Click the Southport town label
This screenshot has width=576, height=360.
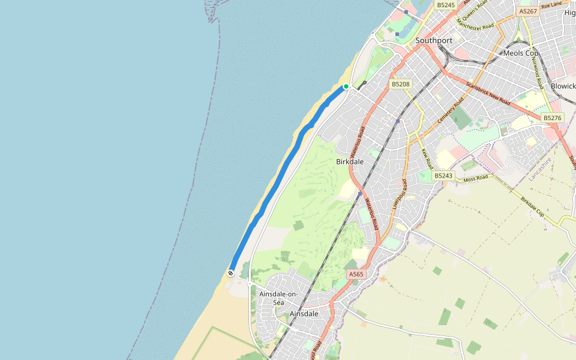[x=434, y=41]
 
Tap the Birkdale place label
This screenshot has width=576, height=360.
[x=350, y=162]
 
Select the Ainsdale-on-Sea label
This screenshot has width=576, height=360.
[x=278, y=298]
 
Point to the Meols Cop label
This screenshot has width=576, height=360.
[x=521, y=53]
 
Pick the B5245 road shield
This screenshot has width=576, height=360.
[x=446, y=5]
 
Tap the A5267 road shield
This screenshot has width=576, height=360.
[x=528, y=11]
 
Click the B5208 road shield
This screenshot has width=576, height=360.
[x=400, y=84]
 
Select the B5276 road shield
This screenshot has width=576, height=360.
[x=552, y=118]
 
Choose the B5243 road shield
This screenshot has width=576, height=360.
[x=443, y=175]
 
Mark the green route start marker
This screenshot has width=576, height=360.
[x=346, y=86]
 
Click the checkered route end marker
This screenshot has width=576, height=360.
[x=230, y=273]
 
